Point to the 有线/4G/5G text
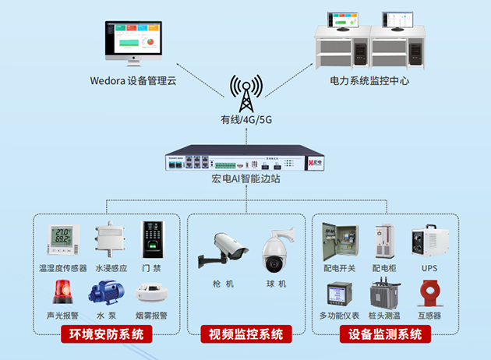(245, 120)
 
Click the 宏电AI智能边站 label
(245, 179)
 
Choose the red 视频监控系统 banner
(245, 336)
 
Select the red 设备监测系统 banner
(386, 336)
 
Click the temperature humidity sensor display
(62, 241)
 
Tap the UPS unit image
(429, 242)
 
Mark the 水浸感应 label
(110, 268)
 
